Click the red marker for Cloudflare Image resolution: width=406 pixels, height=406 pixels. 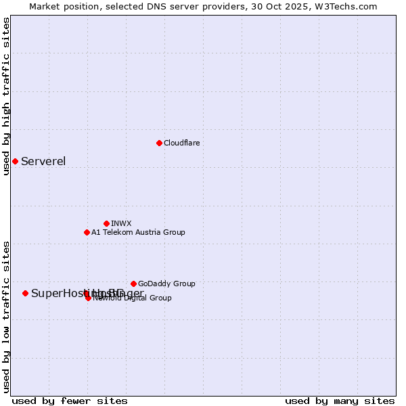pos(159,143)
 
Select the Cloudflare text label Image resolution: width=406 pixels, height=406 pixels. pos(181,143)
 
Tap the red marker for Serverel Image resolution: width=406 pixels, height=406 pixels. pos(15,161)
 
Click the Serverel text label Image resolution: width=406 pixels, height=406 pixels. pos(43,161)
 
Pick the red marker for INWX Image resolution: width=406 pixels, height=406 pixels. pos(106,223)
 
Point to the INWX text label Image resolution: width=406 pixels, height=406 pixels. pos(121,223)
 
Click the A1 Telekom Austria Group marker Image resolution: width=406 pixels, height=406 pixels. pos(87,232)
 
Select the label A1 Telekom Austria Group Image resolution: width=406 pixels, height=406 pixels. pos(138,232)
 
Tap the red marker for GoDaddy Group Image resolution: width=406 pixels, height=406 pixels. pos(133,284)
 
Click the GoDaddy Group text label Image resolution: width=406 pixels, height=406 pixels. pos(166,284)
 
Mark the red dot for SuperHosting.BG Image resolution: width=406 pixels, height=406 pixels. pos(25,293)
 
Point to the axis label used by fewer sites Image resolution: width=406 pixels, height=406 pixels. pos(70,401)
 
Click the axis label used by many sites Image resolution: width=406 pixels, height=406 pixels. pos(340,401)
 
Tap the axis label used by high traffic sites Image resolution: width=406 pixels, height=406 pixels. pos(6,97)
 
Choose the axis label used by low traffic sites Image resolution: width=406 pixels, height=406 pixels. pos(6,316)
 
